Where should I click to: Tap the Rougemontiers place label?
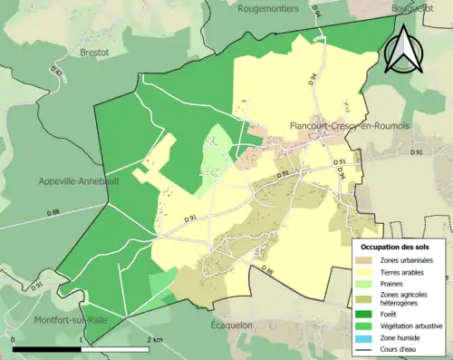click(x=269, y=8)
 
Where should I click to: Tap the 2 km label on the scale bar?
click(x=157, y=340)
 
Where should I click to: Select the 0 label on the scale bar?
click(x=14, y=340)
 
